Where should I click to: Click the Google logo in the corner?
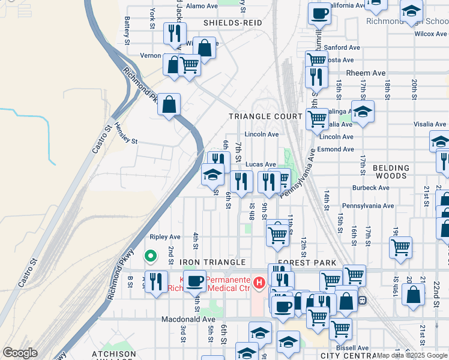pos(20,353)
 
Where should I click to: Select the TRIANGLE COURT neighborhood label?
pos(265,116)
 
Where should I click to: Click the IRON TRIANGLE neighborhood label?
pos(212,263)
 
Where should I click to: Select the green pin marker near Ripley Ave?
pos(151,257)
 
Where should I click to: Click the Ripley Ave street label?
pos(165,237)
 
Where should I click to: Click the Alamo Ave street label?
pos(202,6)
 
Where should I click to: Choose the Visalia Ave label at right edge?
pos(430,124)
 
